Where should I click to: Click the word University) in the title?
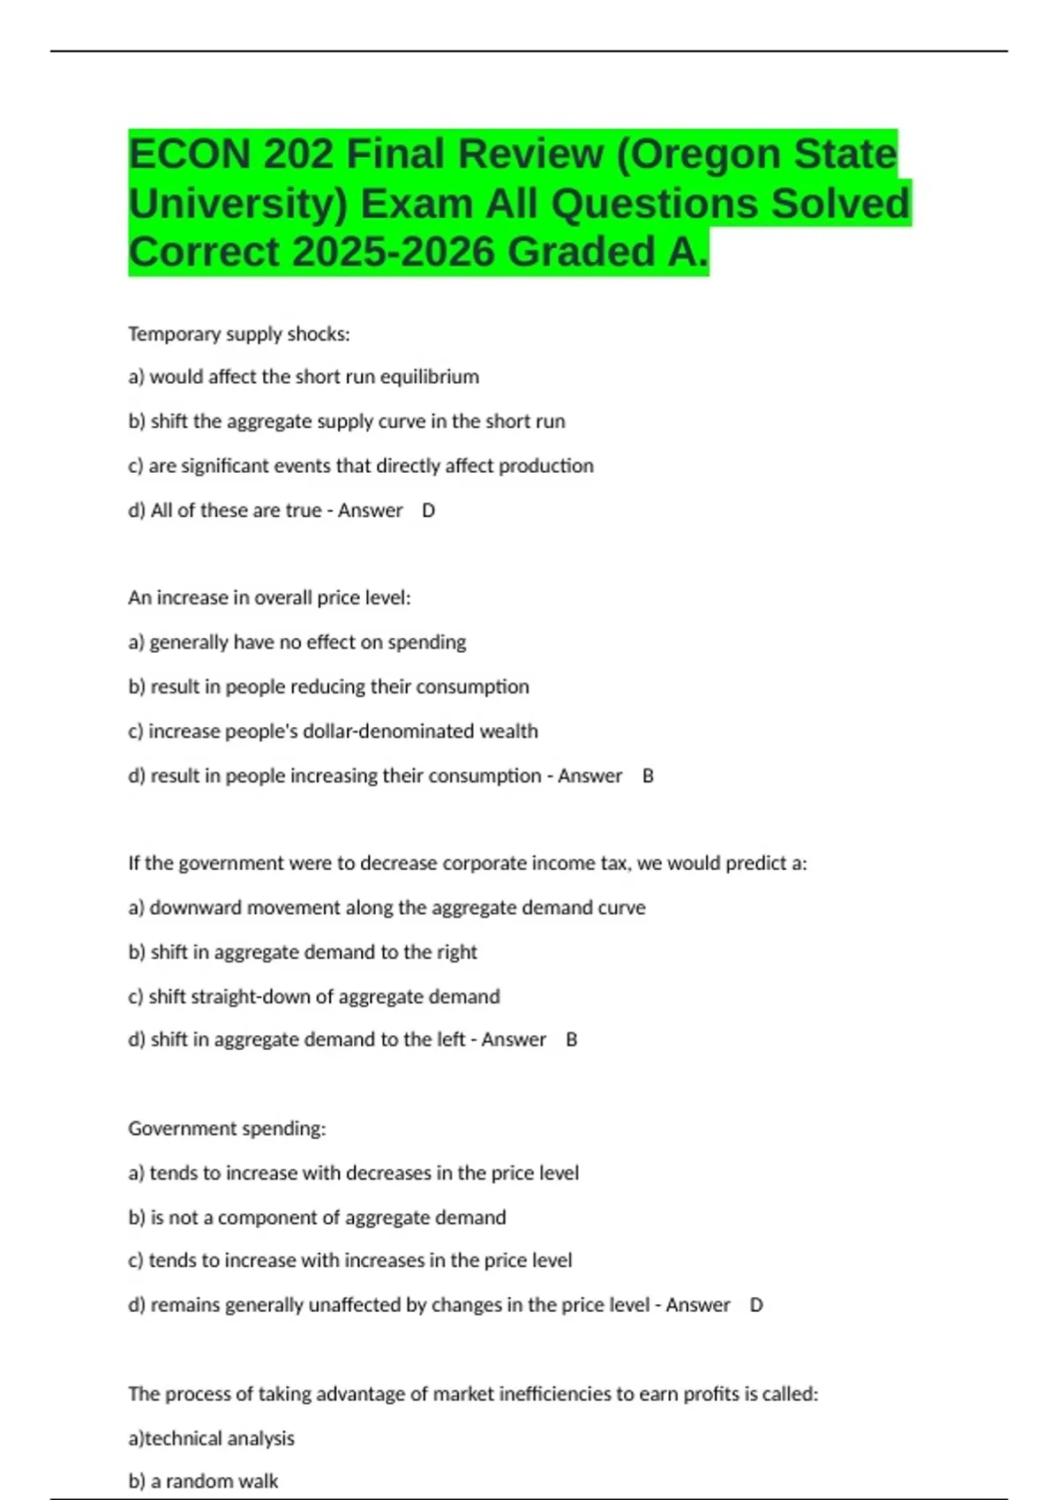[238, 204]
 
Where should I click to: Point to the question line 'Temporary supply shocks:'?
[239, 334]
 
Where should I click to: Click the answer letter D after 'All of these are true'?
[429, 511]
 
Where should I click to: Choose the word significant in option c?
[229, 466]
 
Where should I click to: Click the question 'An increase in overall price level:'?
[269, 598]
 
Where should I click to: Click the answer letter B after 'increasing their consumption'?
[648, 776]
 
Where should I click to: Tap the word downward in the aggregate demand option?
[187, 908]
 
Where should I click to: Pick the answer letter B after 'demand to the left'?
[572, 1040]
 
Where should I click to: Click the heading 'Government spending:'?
[227, 1129]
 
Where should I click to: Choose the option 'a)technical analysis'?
[211, 1438]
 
